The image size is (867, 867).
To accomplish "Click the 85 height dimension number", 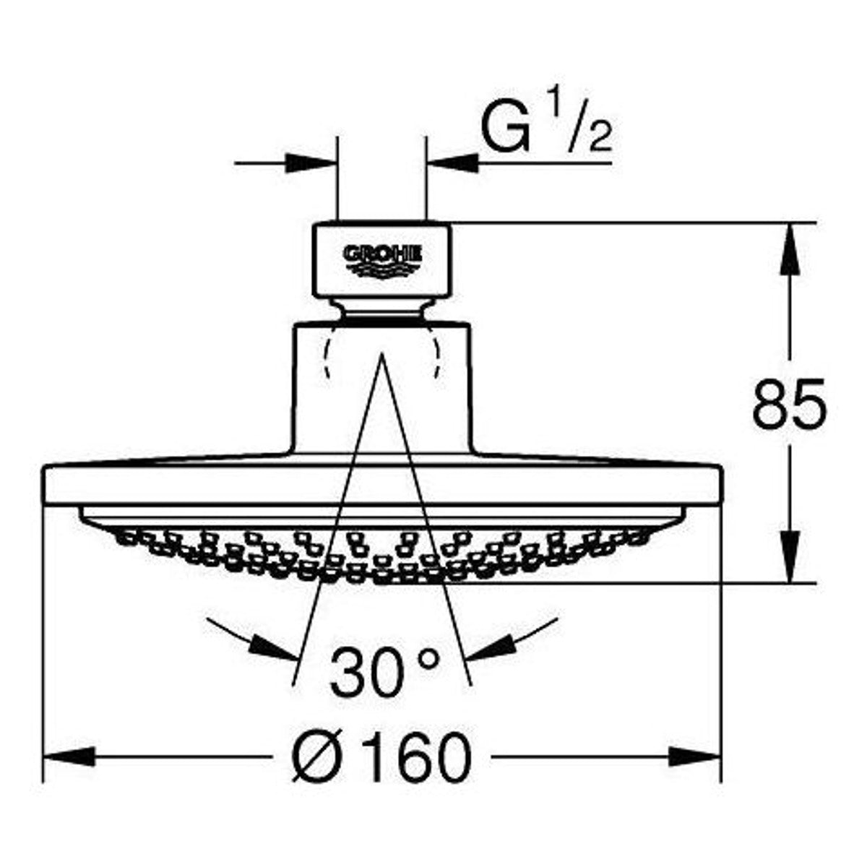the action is coord(790,405).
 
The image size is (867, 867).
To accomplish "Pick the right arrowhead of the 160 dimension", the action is coord(695,759).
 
